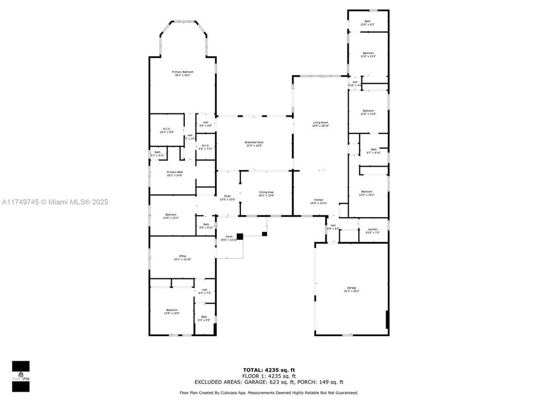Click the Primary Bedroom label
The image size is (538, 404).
coord(183,74)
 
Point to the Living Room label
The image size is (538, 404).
coord(321,124)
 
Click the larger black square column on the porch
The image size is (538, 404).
coord(240,237)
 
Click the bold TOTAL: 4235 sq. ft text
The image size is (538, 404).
coord(269,370)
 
